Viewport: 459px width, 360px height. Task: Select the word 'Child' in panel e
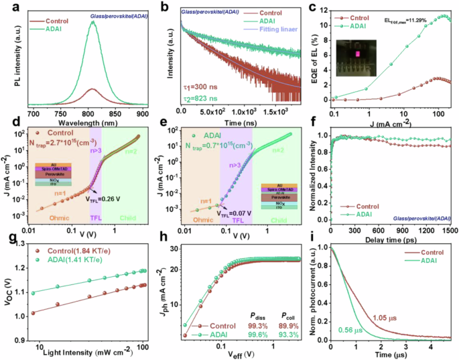point(281,218)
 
